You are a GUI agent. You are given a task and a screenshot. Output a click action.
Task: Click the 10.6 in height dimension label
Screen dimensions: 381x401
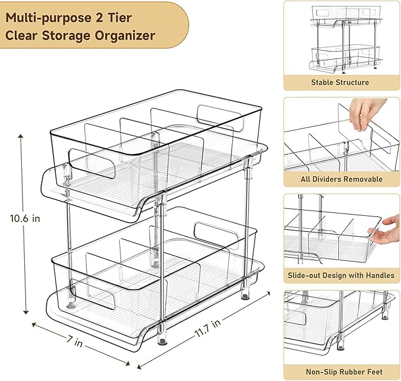click(x=24, y=218)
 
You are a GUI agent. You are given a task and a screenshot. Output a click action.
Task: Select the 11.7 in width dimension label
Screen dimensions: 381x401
click(x=207, y=330)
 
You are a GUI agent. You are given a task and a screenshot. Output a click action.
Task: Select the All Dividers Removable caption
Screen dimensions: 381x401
click(x=341, y=179)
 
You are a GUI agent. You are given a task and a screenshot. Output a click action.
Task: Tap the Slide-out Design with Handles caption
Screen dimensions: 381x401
click(x=341, y=275)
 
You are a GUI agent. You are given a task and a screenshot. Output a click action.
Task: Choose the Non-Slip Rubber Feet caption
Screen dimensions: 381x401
click(x=341, y=372)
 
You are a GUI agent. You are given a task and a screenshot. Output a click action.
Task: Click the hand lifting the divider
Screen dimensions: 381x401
click(x=366, y=112)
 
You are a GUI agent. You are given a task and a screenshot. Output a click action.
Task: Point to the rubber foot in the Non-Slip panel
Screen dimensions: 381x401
click(x=341, y=341)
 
